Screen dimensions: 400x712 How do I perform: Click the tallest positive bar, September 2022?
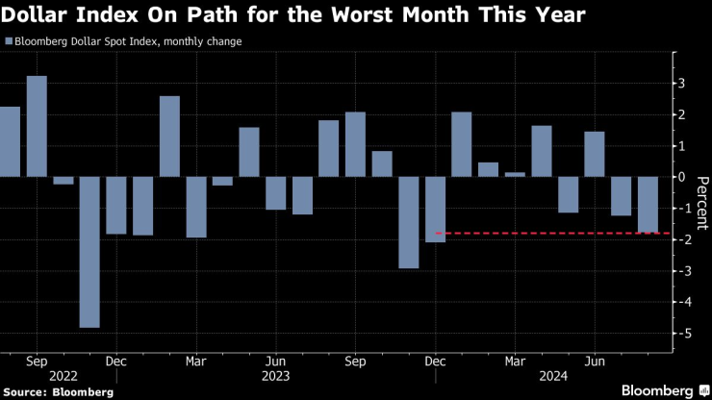click(37, 126)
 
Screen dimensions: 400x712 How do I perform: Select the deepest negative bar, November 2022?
click(89, 252)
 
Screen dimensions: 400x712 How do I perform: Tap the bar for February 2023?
click(169, 137)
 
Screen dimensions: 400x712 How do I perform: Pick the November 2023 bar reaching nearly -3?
click(408, 222)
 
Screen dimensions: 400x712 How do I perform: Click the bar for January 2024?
click(461, 144)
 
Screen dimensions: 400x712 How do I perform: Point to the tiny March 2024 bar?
click(515, 174)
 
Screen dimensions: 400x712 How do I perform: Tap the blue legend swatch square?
click(9, 42)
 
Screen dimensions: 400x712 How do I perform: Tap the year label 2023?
click(275, 377)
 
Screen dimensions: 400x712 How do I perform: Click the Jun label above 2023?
click(275, 362)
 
